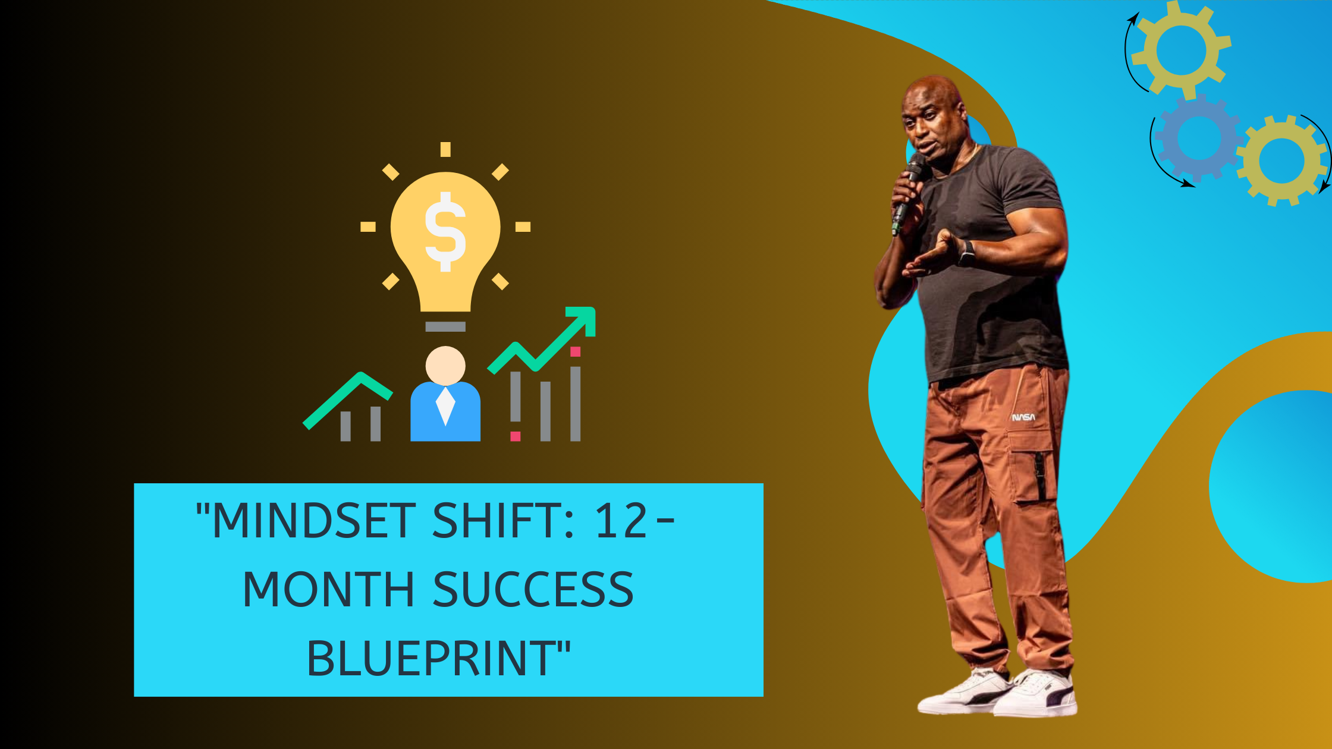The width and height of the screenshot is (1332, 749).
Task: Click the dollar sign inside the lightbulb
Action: [445, 232]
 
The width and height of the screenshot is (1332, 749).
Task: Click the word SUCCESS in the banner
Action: [533, 589]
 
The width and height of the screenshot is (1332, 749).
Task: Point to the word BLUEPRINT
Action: [431, 659]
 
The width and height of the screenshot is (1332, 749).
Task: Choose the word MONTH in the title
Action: [328, 589]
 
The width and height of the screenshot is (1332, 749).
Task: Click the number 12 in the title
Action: [621, 521]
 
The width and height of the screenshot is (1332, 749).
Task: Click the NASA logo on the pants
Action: [1023, 417]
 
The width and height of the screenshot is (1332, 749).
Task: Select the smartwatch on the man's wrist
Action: [966, 254]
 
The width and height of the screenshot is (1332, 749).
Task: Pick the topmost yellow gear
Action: [1181, 50]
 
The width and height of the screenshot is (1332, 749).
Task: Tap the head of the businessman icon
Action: [445, 366]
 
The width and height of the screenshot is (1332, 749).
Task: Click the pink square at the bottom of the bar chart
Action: [516, 436]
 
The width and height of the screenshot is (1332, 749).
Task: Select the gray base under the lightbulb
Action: [445, 326]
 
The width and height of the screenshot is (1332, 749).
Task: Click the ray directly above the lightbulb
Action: [445, 149]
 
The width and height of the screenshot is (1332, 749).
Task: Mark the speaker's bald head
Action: [932, 95]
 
